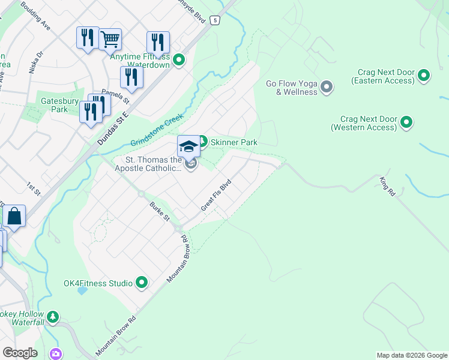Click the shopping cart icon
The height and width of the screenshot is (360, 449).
(x=110, y=39)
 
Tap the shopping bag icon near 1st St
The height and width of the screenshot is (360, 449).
(x=14, y=216)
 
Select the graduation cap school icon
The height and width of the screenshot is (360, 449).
(x=188, y=146)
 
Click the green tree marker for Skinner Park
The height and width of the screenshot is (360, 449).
(x=202, y=142)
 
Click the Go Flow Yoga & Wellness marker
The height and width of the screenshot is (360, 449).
(x=327, y=87)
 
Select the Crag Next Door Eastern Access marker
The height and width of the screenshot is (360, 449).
(x=424, y=76)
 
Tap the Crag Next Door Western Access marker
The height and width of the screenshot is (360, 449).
(x=406, y=122)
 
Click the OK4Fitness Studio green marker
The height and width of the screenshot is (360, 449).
(x=142, y=282)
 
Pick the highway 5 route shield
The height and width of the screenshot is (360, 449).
(x=215, y=20)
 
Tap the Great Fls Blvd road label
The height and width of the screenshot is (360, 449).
(x=215, y=195)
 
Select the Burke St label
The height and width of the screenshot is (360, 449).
(x=160, y=212)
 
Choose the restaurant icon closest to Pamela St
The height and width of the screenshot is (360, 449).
(x=131, y=77)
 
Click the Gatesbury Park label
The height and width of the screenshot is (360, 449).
(x=51, y=106)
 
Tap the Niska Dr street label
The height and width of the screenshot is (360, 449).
(x=36, y=62)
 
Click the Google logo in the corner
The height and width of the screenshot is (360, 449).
(x=20, y=353)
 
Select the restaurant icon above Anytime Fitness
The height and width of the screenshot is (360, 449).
(x=158, y=42)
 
